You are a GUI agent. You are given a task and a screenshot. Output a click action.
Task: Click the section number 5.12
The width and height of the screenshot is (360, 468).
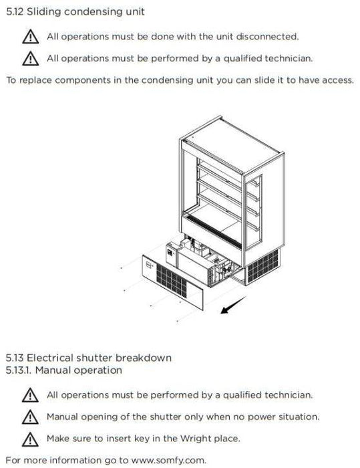tap(15, 11)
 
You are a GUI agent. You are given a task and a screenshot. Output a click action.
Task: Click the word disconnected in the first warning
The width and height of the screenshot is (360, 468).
tap(267, 36)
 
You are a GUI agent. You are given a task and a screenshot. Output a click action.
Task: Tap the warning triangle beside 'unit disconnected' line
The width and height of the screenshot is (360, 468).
tap(30, 37)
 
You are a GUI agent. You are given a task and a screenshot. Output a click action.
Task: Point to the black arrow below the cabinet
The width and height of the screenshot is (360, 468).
tap(233, 305)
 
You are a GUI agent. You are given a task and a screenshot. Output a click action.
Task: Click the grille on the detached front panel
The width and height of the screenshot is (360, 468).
tap(172, 281)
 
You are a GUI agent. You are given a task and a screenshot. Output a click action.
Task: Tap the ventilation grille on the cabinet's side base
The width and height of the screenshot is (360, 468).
tap(262, 266)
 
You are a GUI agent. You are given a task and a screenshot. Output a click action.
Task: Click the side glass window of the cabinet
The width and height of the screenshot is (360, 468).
tap(254, 212)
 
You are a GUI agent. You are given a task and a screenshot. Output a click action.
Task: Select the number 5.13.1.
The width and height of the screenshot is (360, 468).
tap(19, 370)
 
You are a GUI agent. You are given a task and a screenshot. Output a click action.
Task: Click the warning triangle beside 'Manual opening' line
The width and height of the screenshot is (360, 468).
tap(30, 417)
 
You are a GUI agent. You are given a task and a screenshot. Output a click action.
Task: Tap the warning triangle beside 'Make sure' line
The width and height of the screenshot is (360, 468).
tap(30, 439)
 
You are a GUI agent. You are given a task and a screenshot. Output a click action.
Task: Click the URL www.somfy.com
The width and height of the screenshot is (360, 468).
tap(168, 460)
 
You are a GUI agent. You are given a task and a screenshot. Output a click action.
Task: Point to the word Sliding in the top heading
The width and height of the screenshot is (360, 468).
tap(44, 12)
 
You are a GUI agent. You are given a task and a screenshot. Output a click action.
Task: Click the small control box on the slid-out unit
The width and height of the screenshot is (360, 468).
tap(171, 254)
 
